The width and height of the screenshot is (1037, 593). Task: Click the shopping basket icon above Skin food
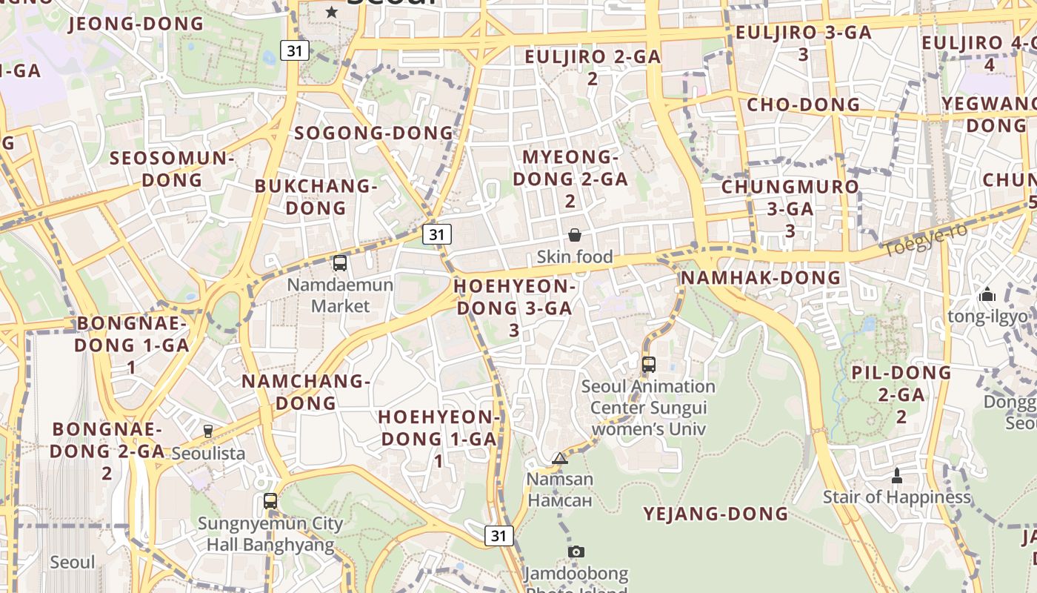(574, 236)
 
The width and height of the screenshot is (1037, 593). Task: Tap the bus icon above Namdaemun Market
(340, 262)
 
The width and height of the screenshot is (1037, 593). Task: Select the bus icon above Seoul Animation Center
(649, 364)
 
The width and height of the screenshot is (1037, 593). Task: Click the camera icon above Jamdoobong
(576, 551)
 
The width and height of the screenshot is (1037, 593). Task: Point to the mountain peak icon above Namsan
(560, 458)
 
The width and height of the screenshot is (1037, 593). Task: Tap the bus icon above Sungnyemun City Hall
(270, 501)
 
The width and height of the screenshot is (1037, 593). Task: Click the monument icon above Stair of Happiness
(897, 475)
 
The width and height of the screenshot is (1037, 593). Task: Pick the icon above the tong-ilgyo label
(987, 295)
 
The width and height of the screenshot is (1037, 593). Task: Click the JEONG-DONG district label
(136, 24)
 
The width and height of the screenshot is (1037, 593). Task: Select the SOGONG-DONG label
(373, 133)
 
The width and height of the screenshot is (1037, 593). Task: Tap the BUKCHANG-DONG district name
(316, 196)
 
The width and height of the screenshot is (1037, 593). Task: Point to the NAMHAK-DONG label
(761, 278)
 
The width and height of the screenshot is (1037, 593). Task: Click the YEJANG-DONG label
(716, 514)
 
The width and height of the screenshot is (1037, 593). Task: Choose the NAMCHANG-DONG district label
(306, 392)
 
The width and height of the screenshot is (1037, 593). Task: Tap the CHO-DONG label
(804, 105)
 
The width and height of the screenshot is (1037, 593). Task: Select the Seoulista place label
(208, 453)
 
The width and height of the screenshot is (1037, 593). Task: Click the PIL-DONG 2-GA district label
(901, 394)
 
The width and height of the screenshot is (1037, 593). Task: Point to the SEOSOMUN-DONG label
(172, 168)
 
